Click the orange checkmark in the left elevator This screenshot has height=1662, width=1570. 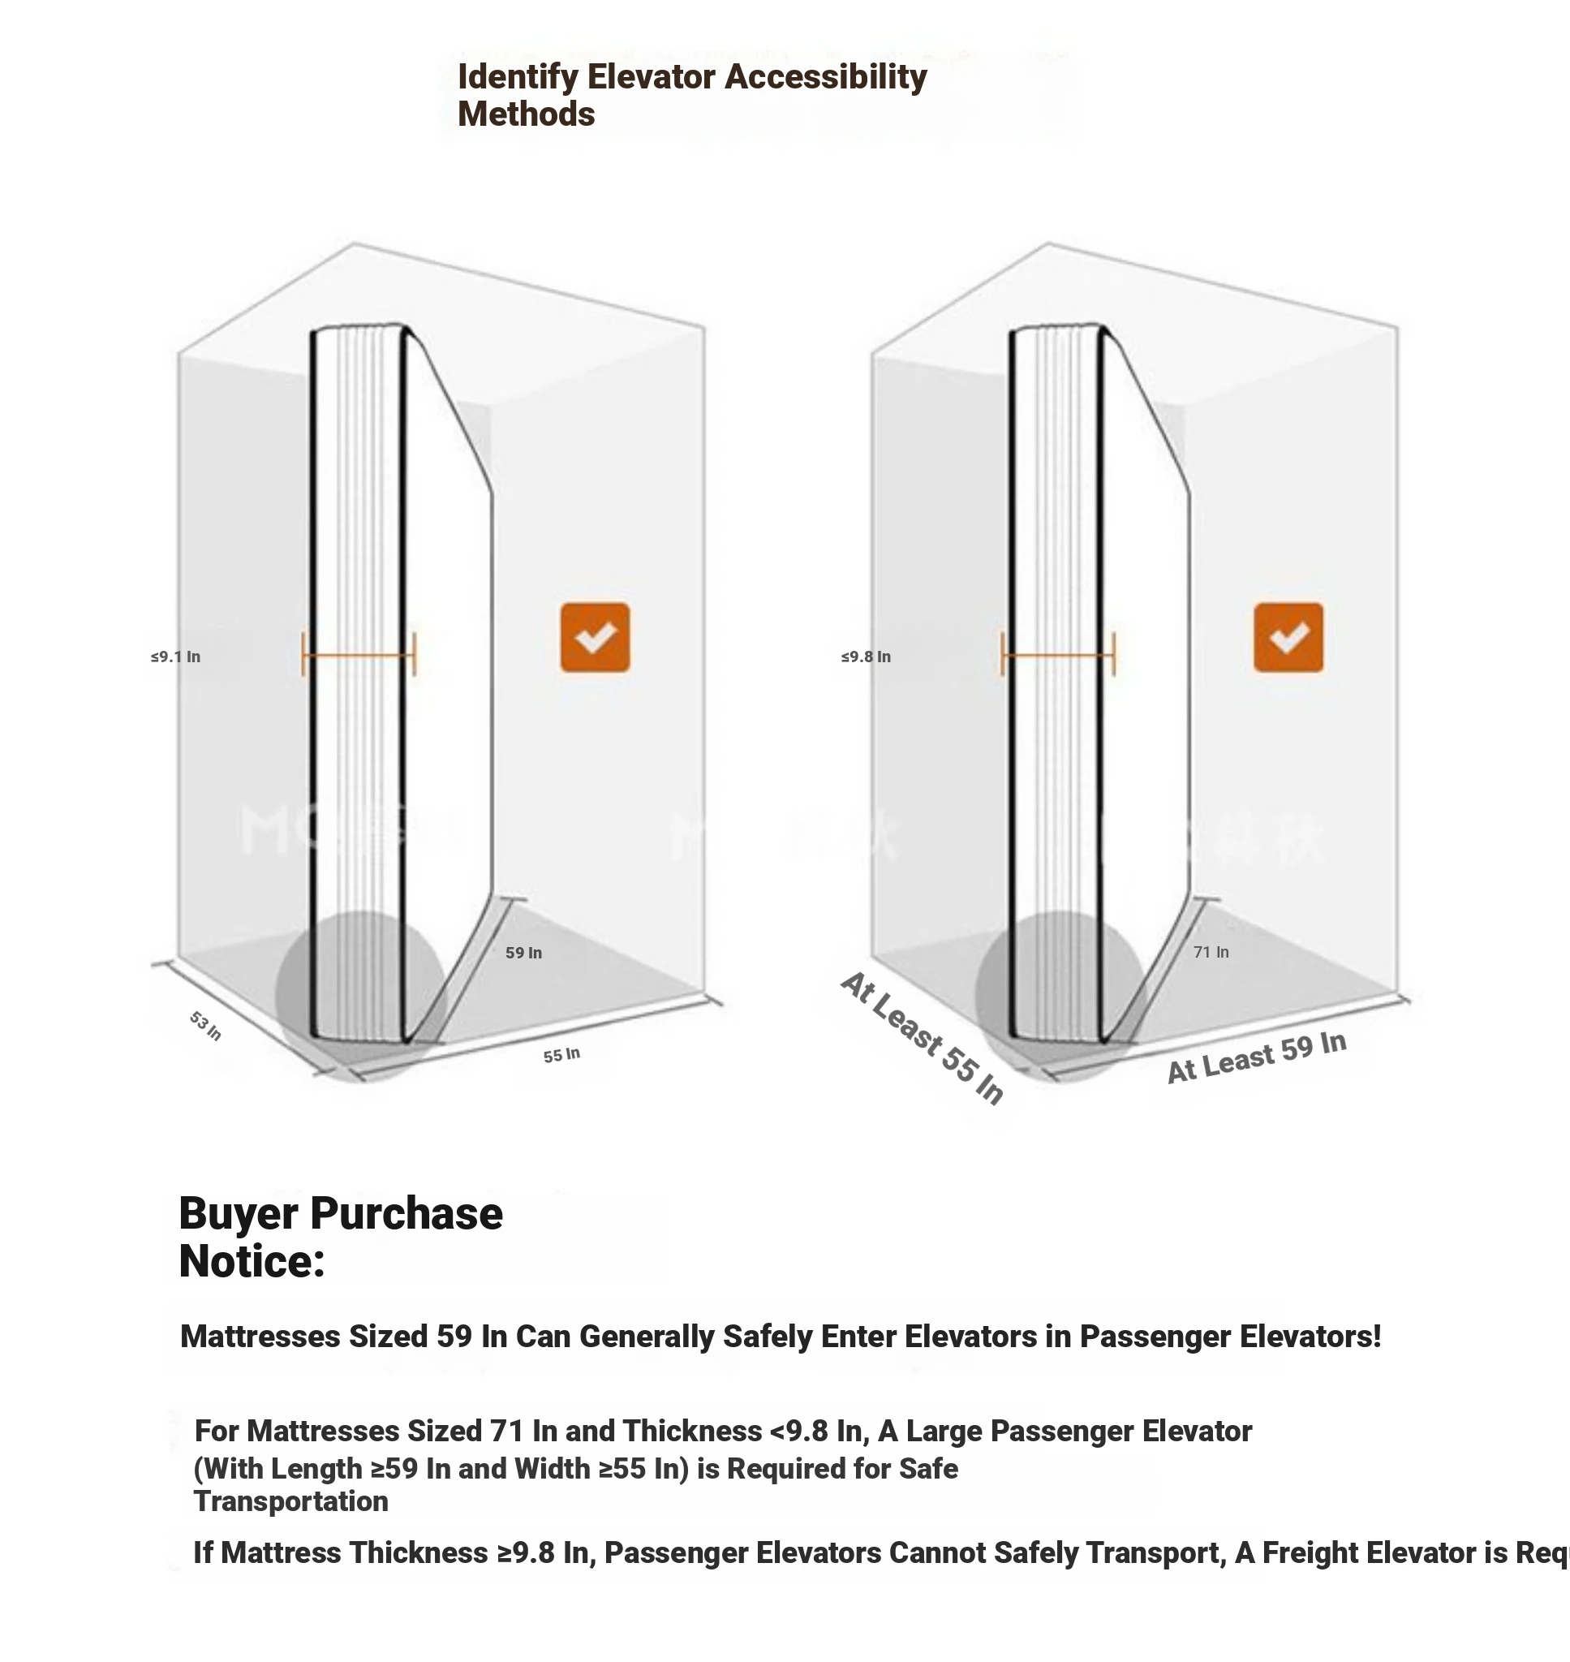coord(595,637)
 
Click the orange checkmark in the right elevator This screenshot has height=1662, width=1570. coord(1288,637)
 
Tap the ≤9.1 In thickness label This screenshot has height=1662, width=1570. coord(176,657)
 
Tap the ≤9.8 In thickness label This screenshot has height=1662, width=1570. coord(867,657)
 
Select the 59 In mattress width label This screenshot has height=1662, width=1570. coord(524,953)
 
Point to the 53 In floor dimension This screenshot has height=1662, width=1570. coord(205,1025)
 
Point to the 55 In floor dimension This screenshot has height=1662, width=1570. coord(561,1054)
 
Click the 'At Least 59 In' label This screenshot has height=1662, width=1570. coord(1256,1057)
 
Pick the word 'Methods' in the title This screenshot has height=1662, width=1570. coord(526,114)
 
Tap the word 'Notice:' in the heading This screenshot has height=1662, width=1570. coord(252,1261)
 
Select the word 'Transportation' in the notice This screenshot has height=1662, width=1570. coord(291,1501)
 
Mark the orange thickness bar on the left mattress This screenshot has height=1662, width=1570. coord(358,654)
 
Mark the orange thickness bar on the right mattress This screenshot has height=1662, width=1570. coord(1058,654)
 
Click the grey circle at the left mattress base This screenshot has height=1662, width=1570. coord(360,996)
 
